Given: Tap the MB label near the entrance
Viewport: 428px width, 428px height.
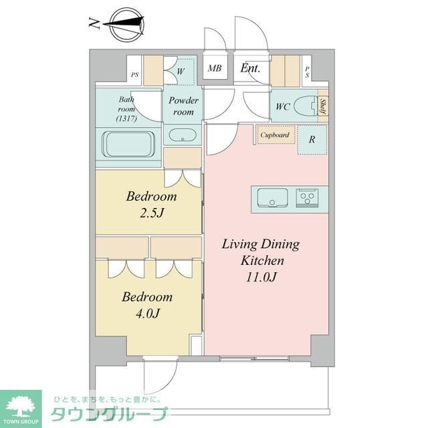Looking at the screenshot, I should coord(215,68).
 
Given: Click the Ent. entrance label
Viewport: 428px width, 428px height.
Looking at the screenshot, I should coord(250,68).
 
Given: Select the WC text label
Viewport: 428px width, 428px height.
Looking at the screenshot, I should coord(282,106).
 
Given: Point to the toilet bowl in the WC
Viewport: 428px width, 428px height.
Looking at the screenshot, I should coord(306,106).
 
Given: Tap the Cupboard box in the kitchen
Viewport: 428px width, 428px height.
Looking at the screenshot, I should coord(274,135).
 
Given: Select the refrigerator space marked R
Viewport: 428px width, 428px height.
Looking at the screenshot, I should coord(312,140).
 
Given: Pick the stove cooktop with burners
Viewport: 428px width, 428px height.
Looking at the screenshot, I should coord(308,198).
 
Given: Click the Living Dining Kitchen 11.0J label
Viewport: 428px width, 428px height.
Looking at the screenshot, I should coord(261,259).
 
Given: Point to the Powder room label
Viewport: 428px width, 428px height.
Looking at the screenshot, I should coord(183,106).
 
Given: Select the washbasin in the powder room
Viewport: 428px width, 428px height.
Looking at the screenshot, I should coord(181,136).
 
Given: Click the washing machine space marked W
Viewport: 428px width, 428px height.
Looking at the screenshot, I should coord(181,69).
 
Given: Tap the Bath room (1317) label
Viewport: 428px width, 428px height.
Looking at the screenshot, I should coord(126,109).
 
